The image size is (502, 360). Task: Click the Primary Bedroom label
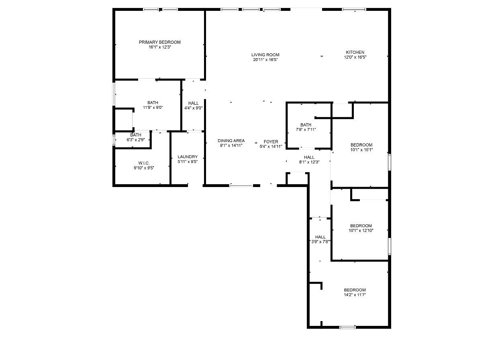pos(159,42)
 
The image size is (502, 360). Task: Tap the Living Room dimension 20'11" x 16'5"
pos(265,60)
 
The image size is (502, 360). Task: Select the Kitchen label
pos(355,52)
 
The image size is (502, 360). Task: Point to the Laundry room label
pos(188,157)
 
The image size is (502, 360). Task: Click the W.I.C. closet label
pos(144,163)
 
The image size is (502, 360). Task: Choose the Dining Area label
pos(231,141)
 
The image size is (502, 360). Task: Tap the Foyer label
pos(271,142)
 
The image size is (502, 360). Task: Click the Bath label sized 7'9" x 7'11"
pos(306,125)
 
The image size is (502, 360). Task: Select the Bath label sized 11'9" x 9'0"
pos(153,103)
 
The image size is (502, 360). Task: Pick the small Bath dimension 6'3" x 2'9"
pos(135,140)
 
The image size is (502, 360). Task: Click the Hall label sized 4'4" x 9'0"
pos(193,103)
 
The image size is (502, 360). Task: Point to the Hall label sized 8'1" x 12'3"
pos(309,157)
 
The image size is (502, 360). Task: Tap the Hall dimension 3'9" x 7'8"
pos(320,242)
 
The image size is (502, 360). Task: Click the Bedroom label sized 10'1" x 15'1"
pos(361,145)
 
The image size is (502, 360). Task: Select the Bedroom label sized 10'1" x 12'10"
pos(361,226)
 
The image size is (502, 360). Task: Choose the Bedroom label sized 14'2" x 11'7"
pos(355,290)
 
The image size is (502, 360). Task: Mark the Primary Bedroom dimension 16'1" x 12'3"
pos(159,47)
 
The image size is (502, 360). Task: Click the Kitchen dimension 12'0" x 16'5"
pos(355,57)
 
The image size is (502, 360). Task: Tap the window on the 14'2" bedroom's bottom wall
pos(347,327)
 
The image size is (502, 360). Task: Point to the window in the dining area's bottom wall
pos(241,185)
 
